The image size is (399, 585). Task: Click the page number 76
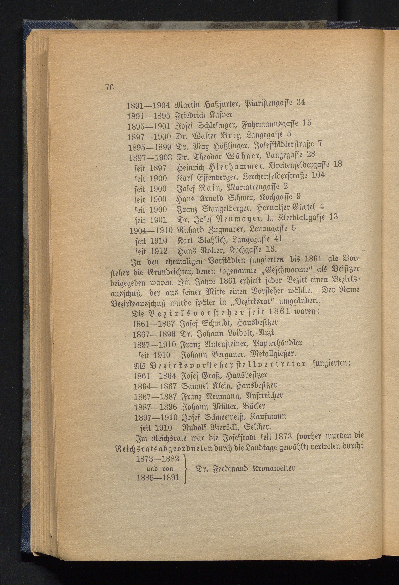click(x=110, y=87)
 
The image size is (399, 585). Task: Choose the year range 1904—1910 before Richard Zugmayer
click(x=151, y=230)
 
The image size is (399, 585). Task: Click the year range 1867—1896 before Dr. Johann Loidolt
click(x=154, y=334)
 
